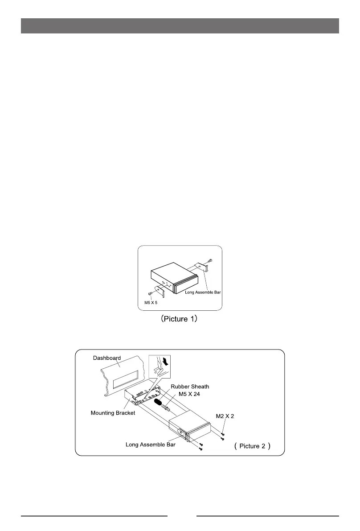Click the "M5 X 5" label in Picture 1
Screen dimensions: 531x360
coord(151,302)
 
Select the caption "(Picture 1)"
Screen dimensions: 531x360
coord(179,320)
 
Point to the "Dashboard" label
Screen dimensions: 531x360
coord(106,358)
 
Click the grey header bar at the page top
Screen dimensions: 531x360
coord(180,26)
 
